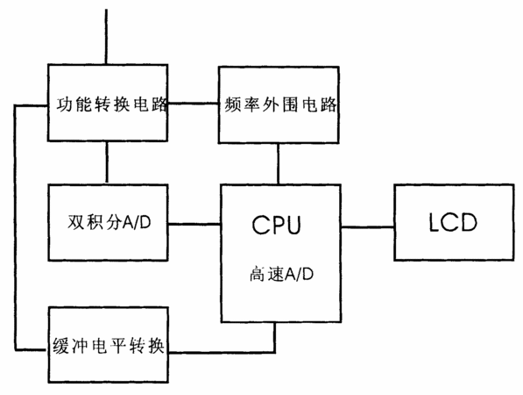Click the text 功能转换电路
click(112, 104)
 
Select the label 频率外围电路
click(280, 104)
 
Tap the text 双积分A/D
click(110, 222)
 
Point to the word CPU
click(276, 225)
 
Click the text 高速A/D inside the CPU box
click(281, 274)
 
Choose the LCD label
click(453, 222)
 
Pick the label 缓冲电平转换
click(109, 345)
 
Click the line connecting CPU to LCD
click(368, 227)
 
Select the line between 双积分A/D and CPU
click(194, 224)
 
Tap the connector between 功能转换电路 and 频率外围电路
click(193, 104)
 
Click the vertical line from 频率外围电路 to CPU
click(279, 164)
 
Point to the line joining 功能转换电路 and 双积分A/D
click(107, 162)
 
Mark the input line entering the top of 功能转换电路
click(106, 37)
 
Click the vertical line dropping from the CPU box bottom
click(274, 338)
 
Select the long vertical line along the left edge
click(16, 227)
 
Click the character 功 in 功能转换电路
click(64, 104)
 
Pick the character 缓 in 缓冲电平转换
click(61, 346)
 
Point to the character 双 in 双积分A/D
click(75, 222)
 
